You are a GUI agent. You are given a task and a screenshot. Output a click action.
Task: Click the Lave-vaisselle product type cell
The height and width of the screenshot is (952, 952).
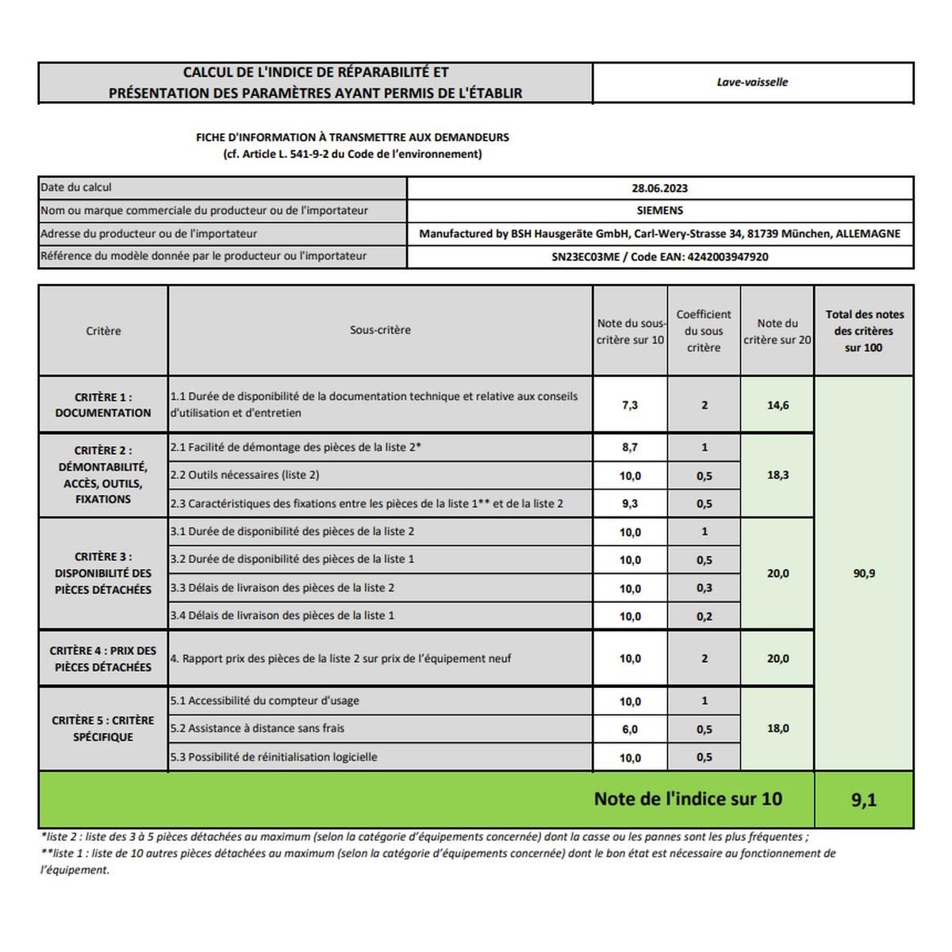752,83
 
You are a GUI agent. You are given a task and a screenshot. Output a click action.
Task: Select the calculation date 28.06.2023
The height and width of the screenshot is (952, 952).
659,189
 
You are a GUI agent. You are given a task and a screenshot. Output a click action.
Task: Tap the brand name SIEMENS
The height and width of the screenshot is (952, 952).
659,211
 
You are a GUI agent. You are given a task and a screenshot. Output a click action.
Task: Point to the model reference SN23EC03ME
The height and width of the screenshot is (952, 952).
585,257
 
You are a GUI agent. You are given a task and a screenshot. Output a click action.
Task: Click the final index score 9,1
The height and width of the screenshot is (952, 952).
864,800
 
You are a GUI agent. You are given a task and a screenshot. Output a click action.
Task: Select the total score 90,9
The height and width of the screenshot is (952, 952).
864,574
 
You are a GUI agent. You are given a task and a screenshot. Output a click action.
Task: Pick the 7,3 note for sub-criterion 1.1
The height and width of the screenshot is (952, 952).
630,405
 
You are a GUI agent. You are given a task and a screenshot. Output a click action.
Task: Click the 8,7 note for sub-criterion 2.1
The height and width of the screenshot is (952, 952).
630,447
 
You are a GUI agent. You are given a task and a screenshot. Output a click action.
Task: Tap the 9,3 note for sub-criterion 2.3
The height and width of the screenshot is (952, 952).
630,504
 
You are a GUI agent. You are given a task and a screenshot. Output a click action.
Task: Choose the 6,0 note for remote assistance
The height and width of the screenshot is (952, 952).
630,729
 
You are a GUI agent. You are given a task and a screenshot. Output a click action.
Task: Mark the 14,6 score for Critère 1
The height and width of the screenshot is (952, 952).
777,405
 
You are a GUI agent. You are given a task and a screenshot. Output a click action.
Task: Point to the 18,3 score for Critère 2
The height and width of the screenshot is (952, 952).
777,475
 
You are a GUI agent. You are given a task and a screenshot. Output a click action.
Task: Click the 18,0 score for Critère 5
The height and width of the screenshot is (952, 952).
777,728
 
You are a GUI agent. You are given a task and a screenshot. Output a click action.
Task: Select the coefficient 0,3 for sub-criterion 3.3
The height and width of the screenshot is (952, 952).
704,588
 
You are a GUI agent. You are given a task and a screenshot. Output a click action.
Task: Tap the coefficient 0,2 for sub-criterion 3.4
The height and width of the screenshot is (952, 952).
704,616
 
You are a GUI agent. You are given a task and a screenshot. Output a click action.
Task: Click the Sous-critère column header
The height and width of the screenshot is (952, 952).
380,330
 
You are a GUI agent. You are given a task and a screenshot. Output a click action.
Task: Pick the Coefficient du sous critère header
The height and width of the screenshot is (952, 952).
704,331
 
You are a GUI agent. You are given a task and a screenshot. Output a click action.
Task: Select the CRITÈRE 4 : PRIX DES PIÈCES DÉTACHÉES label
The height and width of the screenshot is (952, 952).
103,658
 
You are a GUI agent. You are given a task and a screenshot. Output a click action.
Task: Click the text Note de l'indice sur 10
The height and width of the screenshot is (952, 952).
688,799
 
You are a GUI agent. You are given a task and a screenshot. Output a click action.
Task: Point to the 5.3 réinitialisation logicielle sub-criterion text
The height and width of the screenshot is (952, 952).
274,757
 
